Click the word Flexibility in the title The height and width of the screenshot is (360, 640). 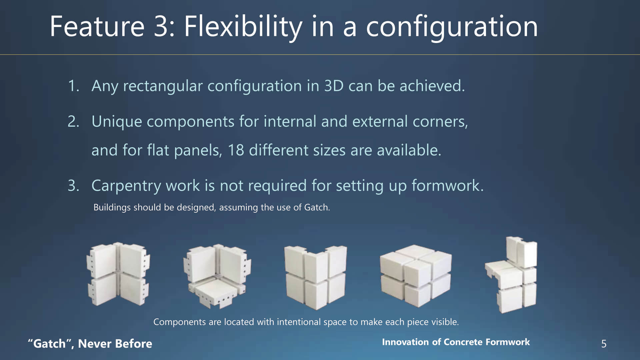click(243, 26)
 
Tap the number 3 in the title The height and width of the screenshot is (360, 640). click(162, 26)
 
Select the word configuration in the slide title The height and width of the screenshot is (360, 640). click(452, 27)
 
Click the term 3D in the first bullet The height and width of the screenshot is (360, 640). click(334, 86)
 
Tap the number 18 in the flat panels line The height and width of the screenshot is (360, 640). click(236, 150)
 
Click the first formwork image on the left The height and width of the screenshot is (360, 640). click(118, 274)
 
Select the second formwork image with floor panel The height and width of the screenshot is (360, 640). click(217, 276)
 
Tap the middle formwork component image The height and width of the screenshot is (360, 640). click(315, 277)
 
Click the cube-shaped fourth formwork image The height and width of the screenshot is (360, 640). click(416, 276)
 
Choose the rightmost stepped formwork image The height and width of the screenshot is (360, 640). click(511, 275)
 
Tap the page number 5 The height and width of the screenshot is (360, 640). click(604, 344)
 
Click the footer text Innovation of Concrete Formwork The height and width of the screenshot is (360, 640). click(456, 342)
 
